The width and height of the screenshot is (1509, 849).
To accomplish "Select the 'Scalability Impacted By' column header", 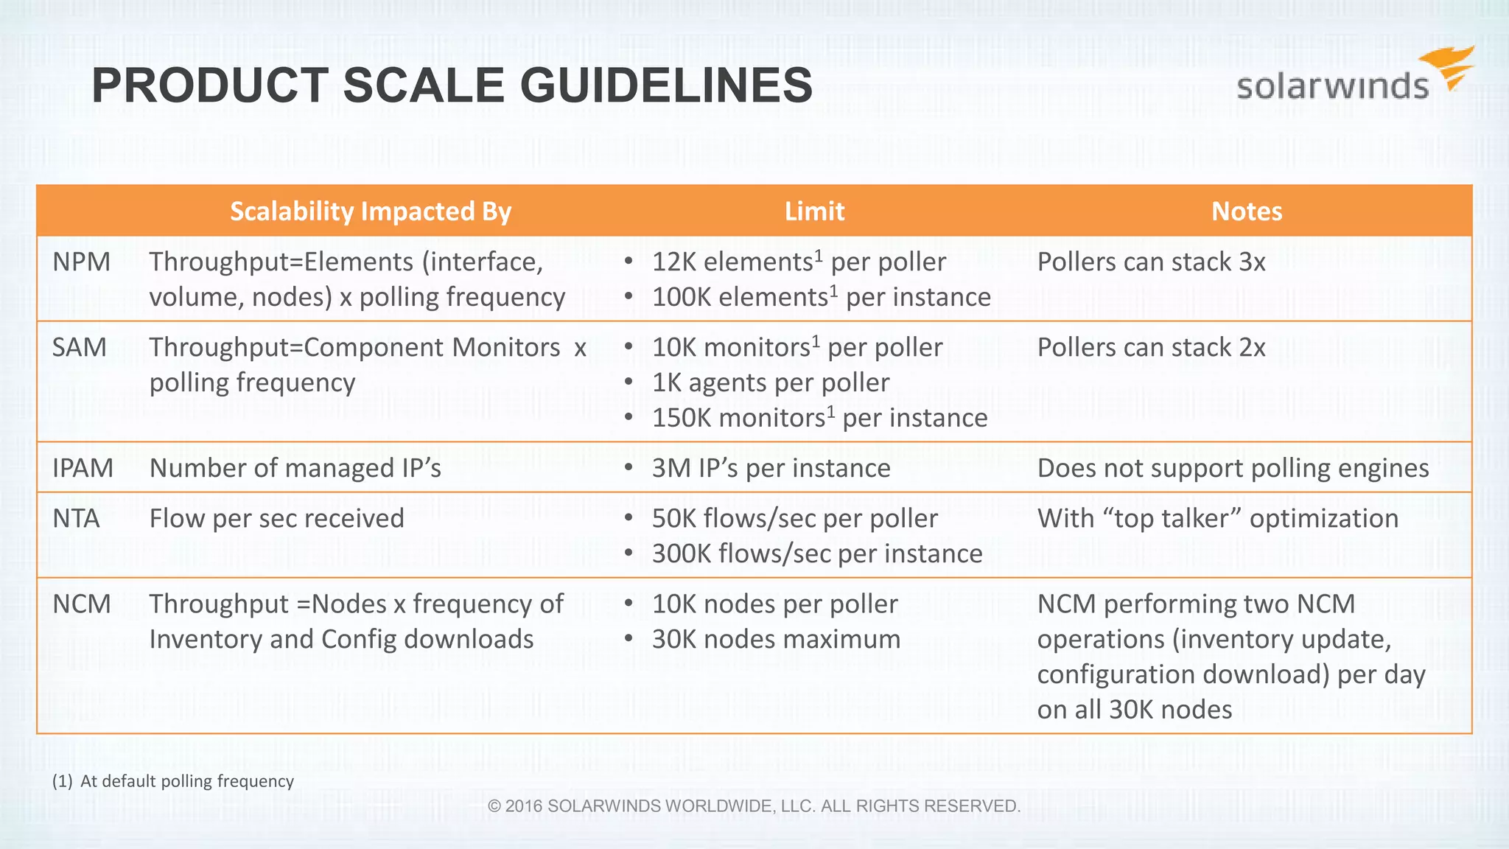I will (371, 212).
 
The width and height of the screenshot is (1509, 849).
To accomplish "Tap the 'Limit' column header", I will (814, 212).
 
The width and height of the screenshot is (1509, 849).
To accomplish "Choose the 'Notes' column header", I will (1247, 212).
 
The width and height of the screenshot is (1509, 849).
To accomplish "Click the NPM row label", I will (82, 262).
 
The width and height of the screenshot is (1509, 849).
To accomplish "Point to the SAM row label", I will (80, 348).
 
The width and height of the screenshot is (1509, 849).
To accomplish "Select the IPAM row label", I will (83, 469).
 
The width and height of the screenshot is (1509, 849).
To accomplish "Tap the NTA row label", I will (77, 519).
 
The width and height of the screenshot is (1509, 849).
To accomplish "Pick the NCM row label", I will (82, 604).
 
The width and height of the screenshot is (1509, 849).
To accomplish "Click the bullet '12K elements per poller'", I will (799, 262).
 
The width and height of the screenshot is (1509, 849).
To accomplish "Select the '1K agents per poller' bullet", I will (771, 383).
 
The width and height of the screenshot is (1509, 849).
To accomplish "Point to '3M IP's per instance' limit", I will (771, 469).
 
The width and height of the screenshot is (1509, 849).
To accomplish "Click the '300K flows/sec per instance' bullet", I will (816, 554).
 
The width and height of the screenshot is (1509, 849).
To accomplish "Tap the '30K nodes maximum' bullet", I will (776, 640).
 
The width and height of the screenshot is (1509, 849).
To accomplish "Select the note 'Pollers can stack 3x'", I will (1151, 262).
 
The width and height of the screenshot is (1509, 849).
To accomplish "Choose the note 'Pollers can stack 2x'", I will (1151, 348).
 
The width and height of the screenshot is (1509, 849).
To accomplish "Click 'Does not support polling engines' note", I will (1233, 469).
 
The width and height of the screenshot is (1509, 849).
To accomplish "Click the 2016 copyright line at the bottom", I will (754, 806).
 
